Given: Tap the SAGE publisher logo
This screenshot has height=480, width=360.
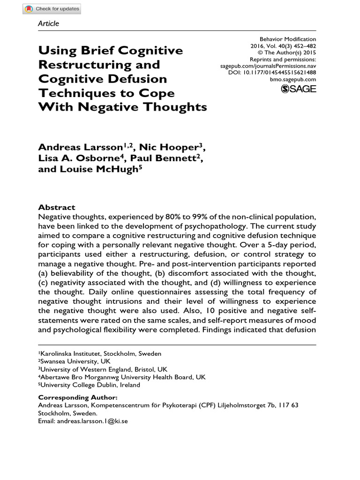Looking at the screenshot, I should pyautogui.click(x=298, y=89).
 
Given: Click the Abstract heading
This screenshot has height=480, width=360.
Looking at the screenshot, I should pyautogui.click(x=56, y=207).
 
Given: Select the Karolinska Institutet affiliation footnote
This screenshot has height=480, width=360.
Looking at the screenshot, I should pyautogui.click(x=99, y=353).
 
